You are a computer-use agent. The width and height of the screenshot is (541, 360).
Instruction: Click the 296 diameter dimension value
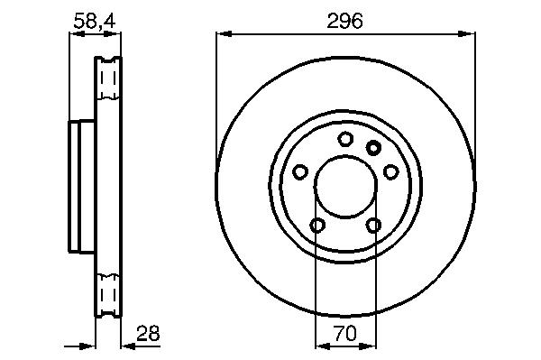[344, 22]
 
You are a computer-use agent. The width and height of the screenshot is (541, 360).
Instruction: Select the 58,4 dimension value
[95, 21]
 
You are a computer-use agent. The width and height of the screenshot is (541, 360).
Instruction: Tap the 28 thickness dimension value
[148, 334]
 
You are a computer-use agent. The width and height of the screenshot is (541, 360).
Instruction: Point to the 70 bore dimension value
[345, 334]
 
